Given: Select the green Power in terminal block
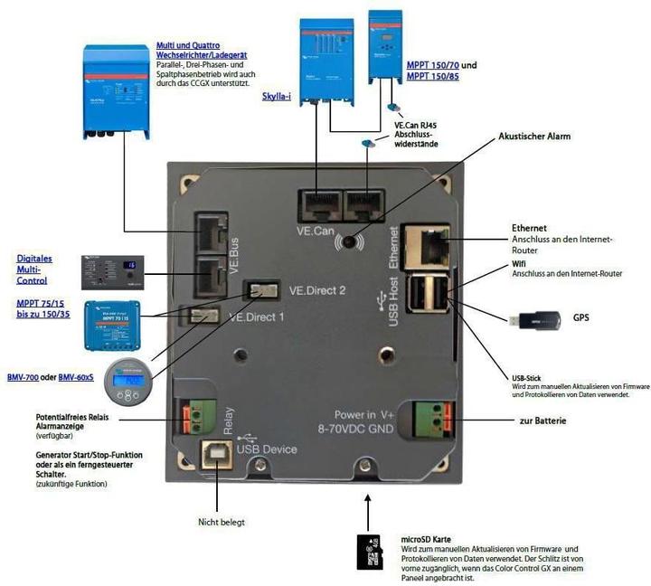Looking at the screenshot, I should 432,419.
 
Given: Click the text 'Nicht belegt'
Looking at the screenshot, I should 221,522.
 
